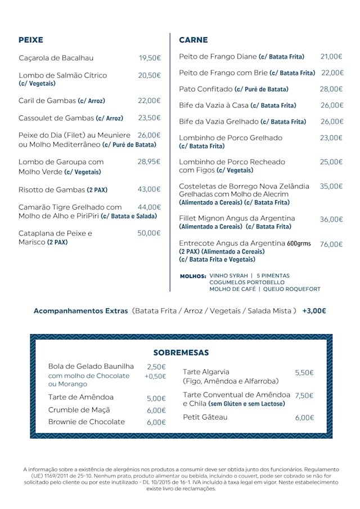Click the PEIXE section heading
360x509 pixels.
coord(31,40)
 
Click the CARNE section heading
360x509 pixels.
coord(193,40)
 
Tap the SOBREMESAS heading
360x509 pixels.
coord(181,353)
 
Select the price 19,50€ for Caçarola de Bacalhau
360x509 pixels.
coord(150,58)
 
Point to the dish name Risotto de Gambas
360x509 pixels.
coord(52,190)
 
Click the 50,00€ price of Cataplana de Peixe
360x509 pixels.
coord(149,233)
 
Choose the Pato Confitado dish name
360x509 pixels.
coord(205,89)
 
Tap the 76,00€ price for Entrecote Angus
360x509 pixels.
coord(331,244)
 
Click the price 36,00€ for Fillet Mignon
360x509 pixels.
coord(331,219)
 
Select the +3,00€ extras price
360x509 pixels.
coord(314,310)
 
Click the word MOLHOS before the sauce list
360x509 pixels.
coord(193,276)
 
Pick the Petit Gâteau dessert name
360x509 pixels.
coord(205,417)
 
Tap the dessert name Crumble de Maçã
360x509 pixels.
coord(79,410)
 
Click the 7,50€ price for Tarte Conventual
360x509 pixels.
coord(304,395)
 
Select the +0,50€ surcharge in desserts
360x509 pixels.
coord(155,376)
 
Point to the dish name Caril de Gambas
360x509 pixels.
coord(47,101)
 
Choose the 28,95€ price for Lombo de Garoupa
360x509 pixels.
coord(149,161)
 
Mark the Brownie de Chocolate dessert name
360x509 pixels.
coord(87,422)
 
